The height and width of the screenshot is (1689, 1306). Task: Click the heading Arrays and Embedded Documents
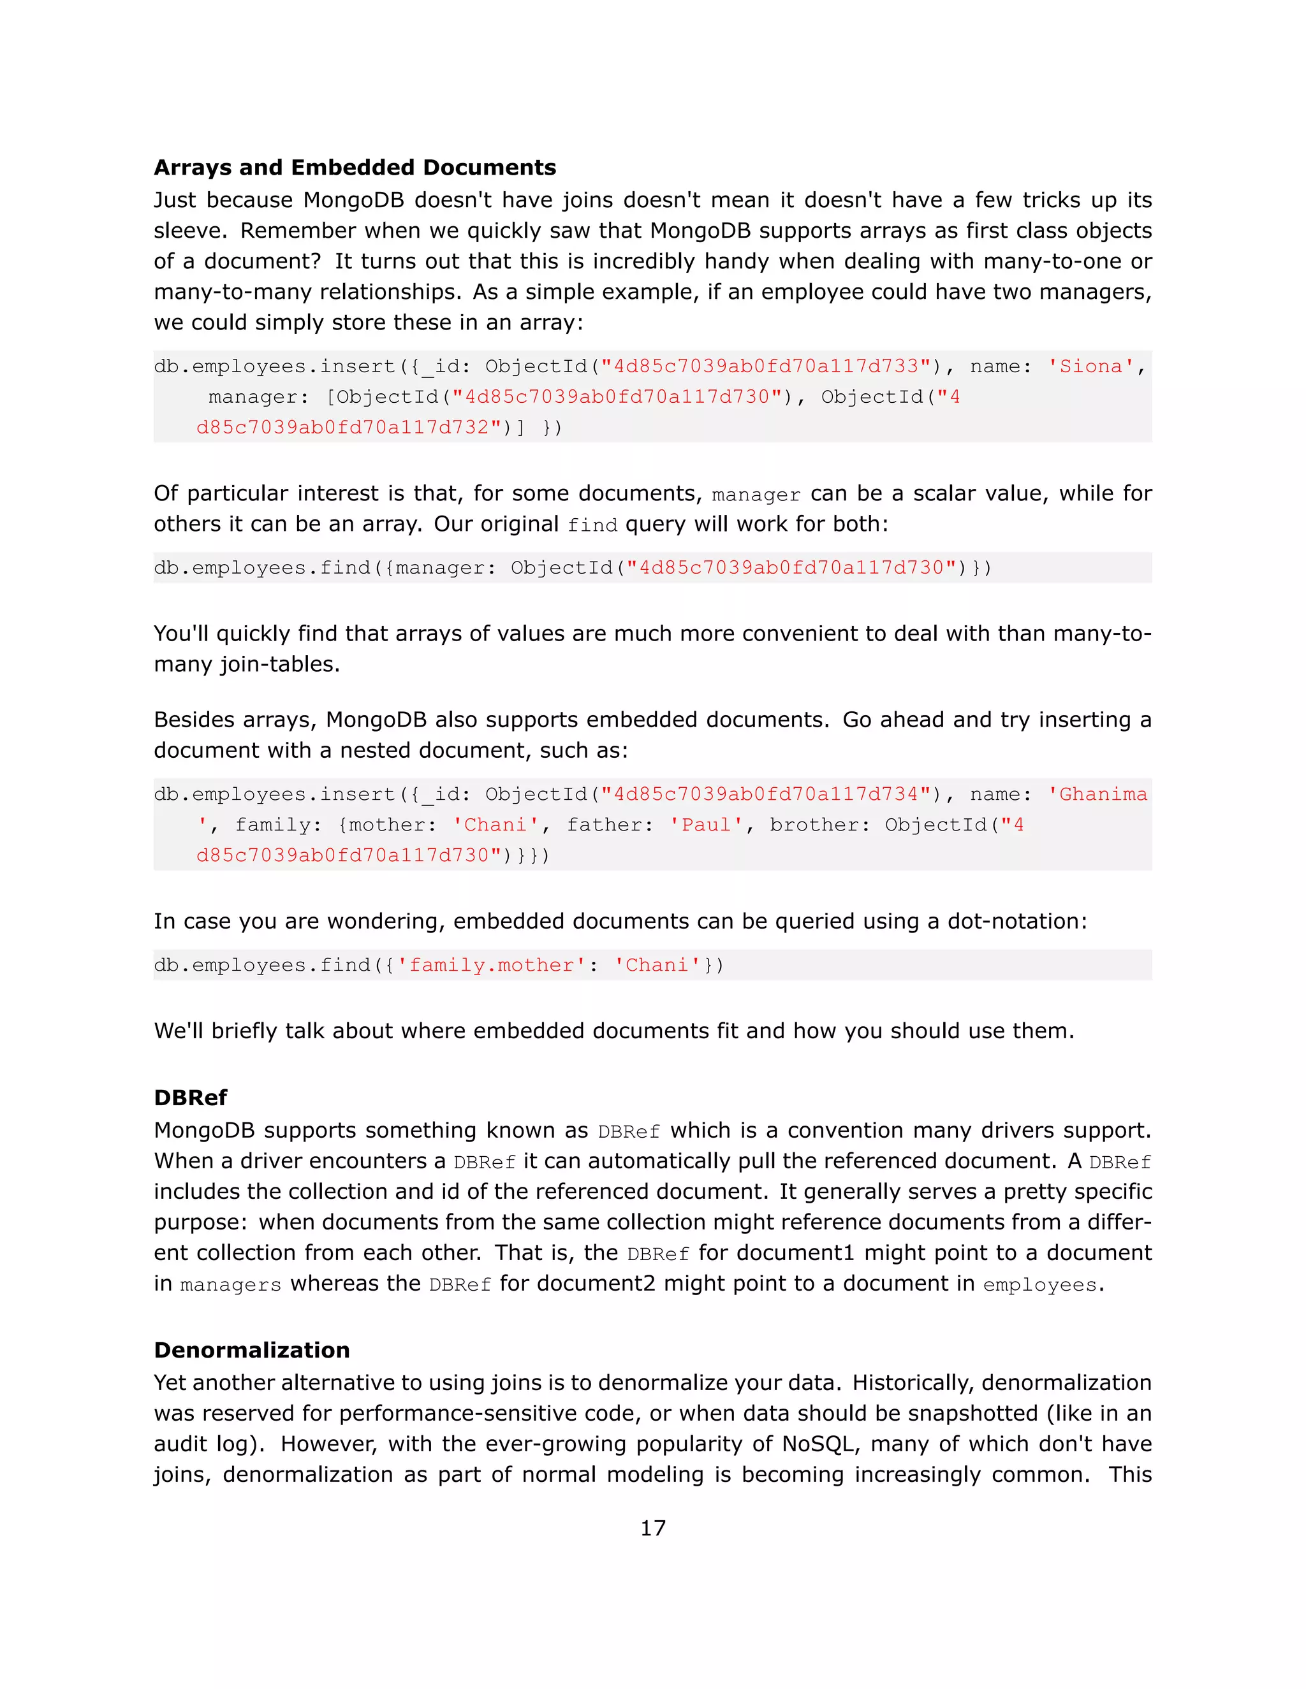pyautogui.click(x=355, y=168)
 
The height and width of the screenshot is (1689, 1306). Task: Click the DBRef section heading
pyautogui.click(x=190, y=1098)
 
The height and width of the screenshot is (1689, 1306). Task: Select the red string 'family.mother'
pyautogui.click(x=490, y=965)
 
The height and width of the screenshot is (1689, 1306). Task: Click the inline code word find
pyautogui.click(x=592, y=525)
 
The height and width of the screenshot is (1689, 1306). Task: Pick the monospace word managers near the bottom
pyautogui.click(x=231, y=1284)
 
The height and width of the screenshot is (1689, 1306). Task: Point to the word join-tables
pyautogui.click(x=279, y=664)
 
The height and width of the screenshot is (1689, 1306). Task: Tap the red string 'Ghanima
pyautogui.click(x=1097, y=794)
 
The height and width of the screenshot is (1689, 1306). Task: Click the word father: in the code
pyautogui.click(x=610, y=825)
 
